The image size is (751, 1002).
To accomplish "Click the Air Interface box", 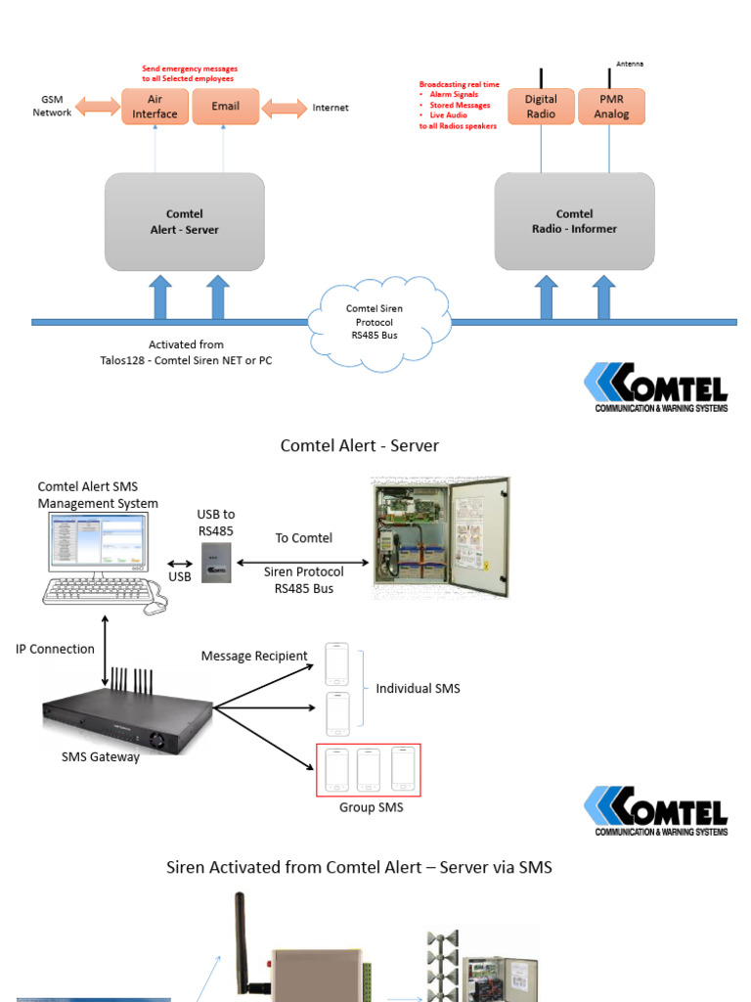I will point(155,107).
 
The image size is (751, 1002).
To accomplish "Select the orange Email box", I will point(225,107).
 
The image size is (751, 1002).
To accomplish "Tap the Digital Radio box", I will point(541,107).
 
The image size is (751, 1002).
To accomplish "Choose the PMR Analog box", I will point(611,107).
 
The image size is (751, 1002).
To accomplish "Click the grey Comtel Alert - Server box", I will point(185,222).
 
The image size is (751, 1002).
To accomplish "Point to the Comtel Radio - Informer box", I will point(574,222).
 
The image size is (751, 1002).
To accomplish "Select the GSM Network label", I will point(52,106).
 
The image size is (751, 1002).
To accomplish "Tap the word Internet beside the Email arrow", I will point(331,108).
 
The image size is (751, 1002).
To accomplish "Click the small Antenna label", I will point(630,65).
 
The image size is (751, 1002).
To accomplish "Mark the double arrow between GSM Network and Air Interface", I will point(98,107).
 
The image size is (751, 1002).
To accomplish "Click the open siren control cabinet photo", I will point(441,537).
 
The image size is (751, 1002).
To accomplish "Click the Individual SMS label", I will point(418,689).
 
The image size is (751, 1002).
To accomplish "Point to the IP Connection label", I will point(56,649).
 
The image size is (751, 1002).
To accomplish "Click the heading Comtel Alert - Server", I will point(360,446).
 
